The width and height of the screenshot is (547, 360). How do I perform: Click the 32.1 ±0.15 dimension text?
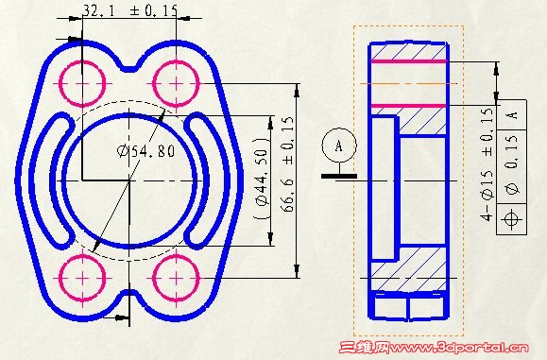tap(130, 10)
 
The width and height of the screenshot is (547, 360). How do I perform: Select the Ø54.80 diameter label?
tap(145, 151)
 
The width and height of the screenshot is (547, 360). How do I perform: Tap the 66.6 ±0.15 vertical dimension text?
tap(287, 164)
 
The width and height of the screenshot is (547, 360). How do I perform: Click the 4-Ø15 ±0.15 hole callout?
tap(487, 164)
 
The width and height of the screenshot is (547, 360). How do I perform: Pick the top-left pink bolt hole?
tap(82, 84)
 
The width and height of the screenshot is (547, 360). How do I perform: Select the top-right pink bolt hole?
tap(176, 84)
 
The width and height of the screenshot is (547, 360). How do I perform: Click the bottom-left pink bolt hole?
tap(82, 278)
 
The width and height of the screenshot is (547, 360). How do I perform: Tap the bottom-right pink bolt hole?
tap(176, 278)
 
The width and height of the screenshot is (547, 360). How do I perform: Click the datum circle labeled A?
tap(339, 146)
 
